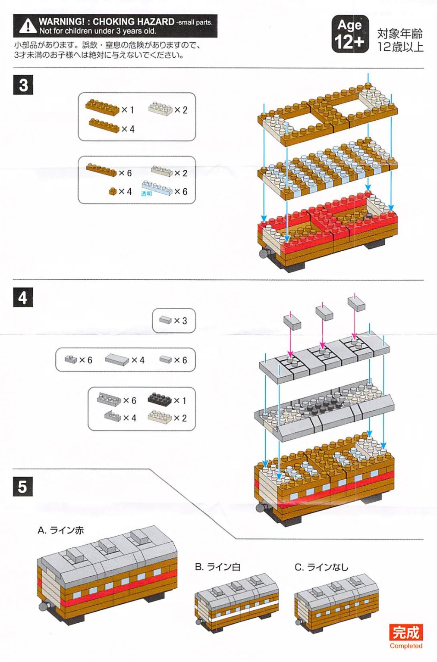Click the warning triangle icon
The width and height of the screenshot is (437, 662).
click(x=28, y=26)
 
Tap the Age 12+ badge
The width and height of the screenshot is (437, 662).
click(x=350, y=34)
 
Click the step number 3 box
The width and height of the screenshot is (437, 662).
click(x=23, y=85)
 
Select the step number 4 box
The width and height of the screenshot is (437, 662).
click(x=23, y=297)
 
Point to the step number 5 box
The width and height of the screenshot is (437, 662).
click(x=23, y=487)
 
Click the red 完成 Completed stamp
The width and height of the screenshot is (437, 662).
click(x=406, y=635)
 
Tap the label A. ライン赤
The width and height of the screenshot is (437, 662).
click(x=61, y=530)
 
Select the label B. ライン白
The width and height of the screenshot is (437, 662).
click(x=217, y=567)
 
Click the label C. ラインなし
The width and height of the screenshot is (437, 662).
click(x=321, y=567)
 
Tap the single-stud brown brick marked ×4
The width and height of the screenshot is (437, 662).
click(x=113, y=191)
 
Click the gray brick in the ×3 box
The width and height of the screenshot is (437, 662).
click(x=166, y=320)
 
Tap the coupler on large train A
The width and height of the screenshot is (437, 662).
click(x=43, y=606)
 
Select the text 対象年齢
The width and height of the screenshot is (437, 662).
click(x=399, y=34)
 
